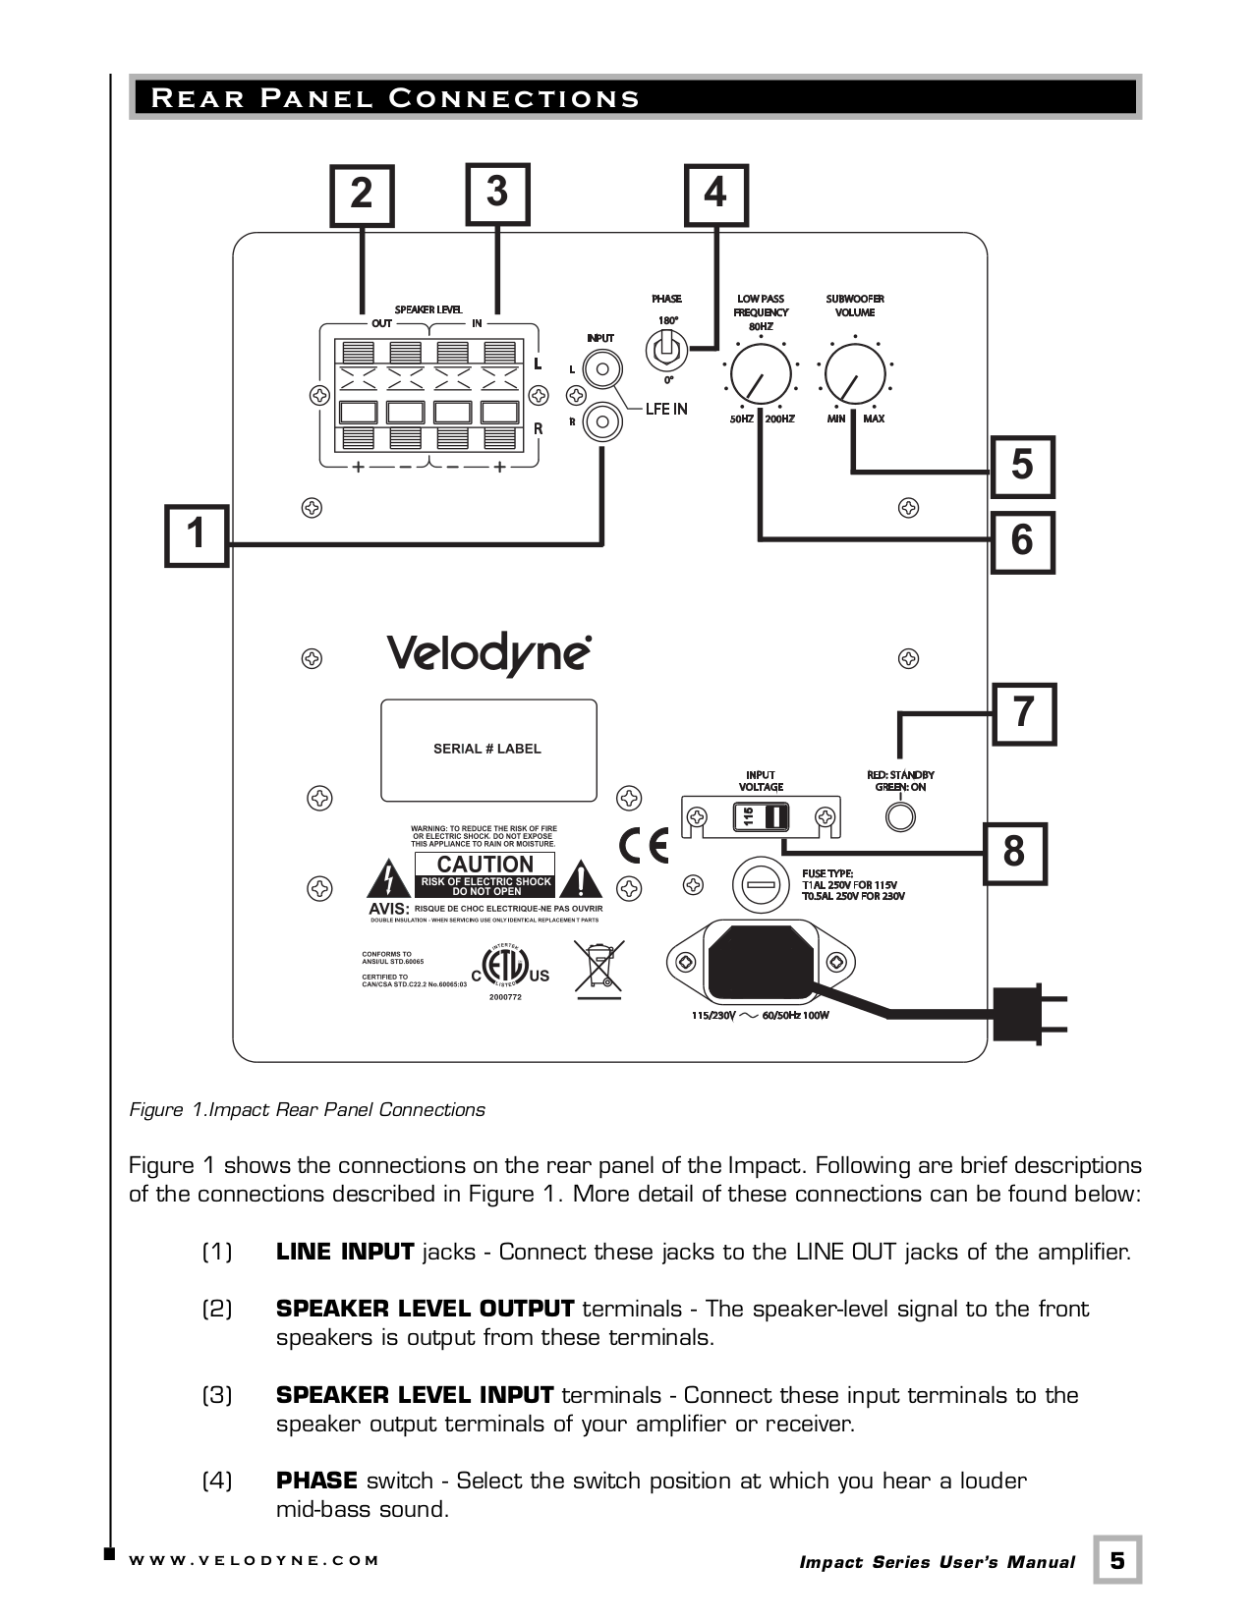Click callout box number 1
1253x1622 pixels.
[x=197, y=535]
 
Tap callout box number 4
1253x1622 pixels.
[x=715, y=194]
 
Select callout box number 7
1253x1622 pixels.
[x=1024, y=713]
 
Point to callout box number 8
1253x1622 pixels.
[x=1015, y=853]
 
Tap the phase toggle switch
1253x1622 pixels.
[x=666, y=349]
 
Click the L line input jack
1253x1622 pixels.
[x=601, y=370]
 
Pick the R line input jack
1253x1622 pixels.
[x=601, y=423]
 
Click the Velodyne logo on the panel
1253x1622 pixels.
[x=488, y=653]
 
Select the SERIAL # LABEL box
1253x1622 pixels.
[x=488, y=750]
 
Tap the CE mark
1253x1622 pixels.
[x=644, y=846]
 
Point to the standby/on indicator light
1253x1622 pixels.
[x=899, y=816]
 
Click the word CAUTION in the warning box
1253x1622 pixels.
[x=484, y=865]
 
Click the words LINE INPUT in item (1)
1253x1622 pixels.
[x=345, y=1253]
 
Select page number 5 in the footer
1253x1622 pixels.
[x=1117, y=1561]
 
